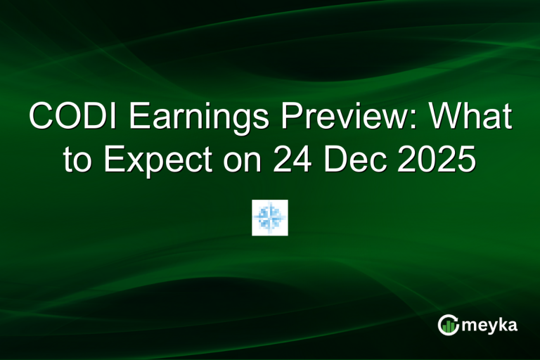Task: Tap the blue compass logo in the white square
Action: (x=270, y=217)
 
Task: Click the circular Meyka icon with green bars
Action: (x=449, y=324)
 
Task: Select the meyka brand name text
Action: (x=491, y=325)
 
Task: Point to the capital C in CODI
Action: (x=41, y=117)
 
